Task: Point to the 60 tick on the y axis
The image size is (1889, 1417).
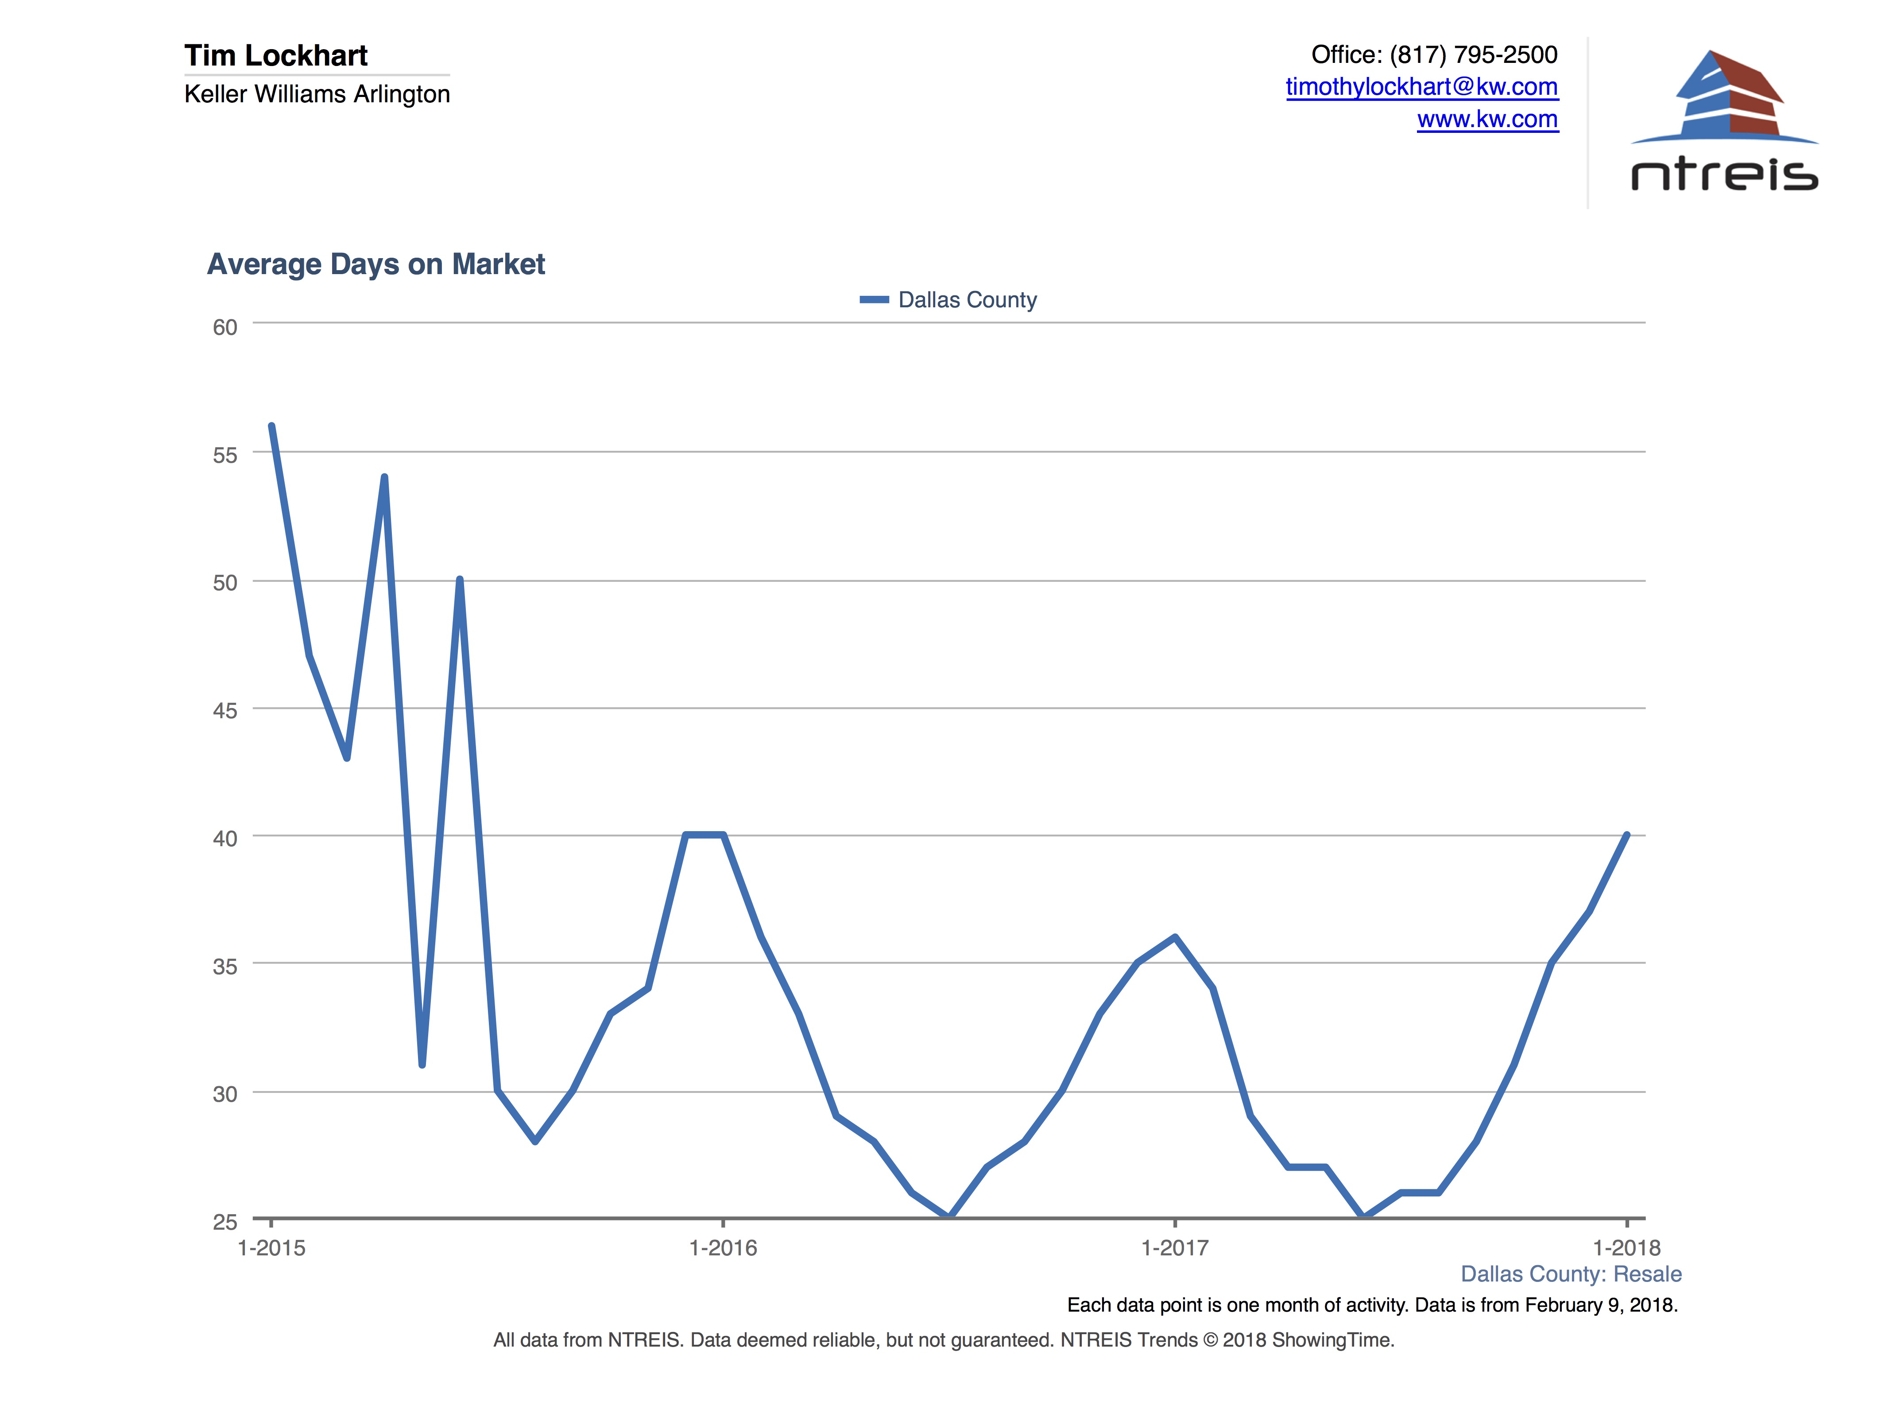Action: click(x=225, y=327)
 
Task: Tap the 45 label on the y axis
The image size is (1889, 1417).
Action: click(x=225, y=711)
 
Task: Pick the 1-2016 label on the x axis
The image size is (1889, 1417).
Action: click(x=723, y=1248)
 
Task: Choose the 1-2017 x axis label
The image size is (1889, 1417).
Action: click(x=1175, y=1248)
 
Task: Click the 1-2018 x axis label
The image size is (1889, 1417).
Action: click(x=1626, y=1248)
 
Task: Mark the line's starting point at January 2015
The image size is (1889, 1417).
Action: click(x=271, y=426)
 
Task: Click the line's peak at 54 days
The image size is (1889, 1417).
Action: click(x=384, y=477)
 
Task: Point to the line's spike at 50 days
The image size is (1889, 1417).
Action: click(x=460, y=580)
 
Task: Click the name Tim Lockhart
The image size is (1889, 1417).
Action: click(x=276, y=55)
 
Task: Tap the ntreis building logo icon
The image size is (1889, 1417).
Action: click(x=1725, y=94)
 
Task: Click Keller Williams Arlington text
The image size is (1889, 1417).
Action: click(x=317, y=94)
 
